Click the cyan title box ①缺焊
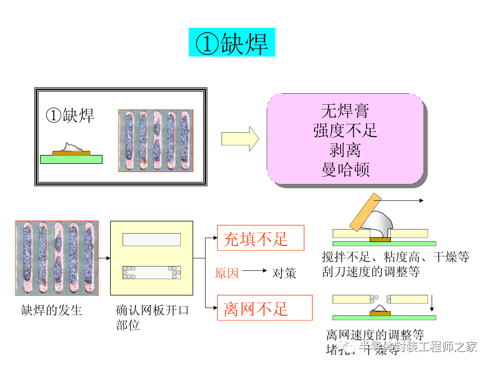(232, 43)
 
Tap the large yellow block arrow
(239, 139)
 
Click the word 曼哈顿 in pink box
(345, 170)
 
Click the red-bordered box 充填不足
(260, 238)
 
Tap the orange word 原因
(227, 273)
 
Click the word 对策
(284, 273)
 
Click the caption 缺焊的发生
(51, 310)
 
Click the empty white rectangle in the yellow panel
(151, 240)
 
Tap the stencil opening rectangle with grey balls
(151, 272)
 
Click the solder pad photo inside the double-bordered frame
(155, 140)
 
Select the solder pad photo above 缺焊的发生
(57, 258)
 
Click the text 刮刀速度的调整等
(370, 272)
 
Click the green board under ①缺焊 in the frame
(71, 159)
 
